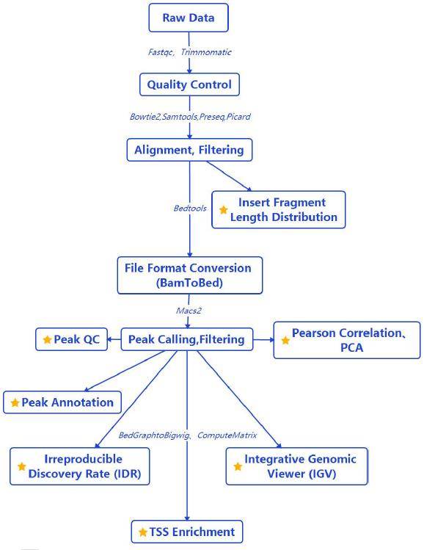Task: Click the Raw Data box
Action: [x=189, y=18]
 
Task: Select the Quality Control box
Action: [x=189, y=84]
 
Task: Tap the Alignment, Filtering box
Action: [x=189, y=150]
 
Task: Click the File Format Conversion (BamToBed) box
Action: [x=189, y=275]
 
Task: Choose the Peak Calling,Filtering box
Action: [x=187, y=339]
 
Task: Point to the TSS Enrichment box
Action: [x=187, y=532]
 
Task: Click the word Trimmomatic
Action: [x=206, y=52]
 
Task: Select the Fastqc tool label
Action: [x=161, y=52]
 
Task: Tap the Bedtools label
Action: [x=190, y=209]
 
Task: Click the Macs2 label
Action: [x=189, y=311]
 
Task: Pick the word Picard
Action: [x=238, y=117]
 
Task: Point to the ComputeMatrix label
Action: [x=227, y=435]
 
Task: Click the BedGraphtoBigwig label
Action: [x=154, y=435]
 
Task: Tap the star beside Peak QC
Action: [x=47, y=339]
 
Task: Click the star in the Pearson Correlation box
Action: [x=285, y=340]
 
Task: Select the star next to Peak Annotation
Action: [x=15, y=402]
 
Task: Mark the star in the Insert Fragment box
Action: [x=224, y=210]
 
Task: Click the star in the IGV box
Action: [x=238, y=466]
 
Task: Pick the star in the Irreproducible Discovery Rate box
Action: [x=22, y=466]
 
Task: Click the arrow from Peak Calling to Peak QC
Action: [x=114, y=339]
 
